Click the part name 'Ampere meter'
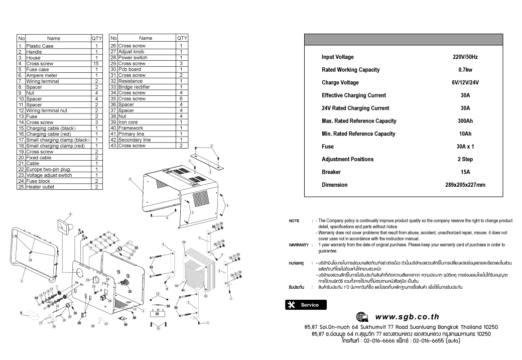click(x=42, y=75)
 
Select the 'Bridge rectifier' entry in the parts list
click(x=134, y=87)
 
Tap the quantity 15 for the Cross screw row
click(x=95, y=64)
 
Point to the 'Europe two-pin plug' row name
click(x=48, y=169)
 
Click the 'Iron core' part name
click(x=128, y=122)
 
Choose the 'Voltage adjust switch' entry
click(x=49, y=175)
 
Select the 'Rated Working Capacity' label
click(x=350, y=70)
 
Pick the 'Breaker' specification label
click(x=331, y=172)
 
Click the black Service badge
click(x=305, y=305)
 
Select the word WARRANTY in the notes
click(x=298, y=245)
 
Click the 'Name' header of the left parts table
click(x=53, y=38)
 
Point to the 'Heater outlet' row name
click(x=41, y=187)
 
